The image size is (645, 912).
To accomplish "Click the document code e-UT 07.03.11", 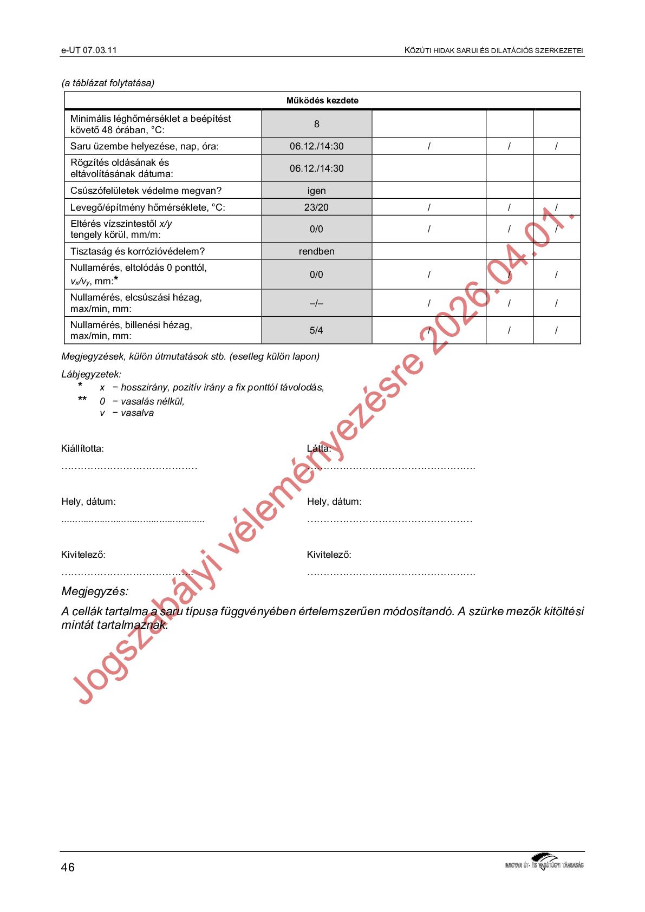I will (89, 50).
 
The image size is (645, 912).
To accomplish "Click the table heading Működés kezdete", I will (322, 101).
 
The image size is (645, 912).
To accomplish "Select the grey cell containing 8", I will (317, 124).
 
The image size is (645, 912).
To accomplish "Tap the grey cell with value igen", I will (317, 191).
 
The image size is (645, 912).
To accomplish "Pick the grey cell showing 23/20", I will (317, 207).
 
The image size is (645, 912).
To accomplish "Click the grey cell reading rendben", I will (317, 251).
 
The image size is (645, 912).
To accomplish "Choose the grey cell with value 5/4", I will (317, 330).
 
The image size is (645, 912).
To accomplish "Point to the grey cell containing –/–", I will (317, 303).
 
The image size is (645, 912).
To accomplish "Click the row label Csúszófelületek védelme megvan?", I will (146, 191).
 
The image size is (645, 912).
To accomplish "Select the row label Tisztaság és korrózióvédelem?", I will (138, 251).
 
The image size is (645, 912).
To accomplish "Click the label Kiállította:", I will (82, 448).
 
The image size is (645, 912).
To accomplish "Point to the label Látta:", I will (319, 448).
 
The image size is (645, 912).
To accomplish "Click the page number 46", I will (68, 868).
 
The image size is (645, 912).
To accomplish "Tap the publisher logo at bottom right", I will (544, 862).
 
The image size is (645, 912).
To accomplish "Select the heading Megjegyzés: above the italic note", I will (95, 591).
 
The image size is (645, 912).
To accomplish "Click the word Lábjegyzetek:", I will (92, 374).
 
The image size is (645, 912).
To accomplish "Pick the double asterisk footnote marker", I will (82, 400).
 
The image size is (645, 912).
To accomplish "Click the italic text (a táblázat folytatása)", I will (108, 83).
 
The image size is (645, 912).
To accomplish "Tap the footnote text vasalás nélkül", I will (153, 401).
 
